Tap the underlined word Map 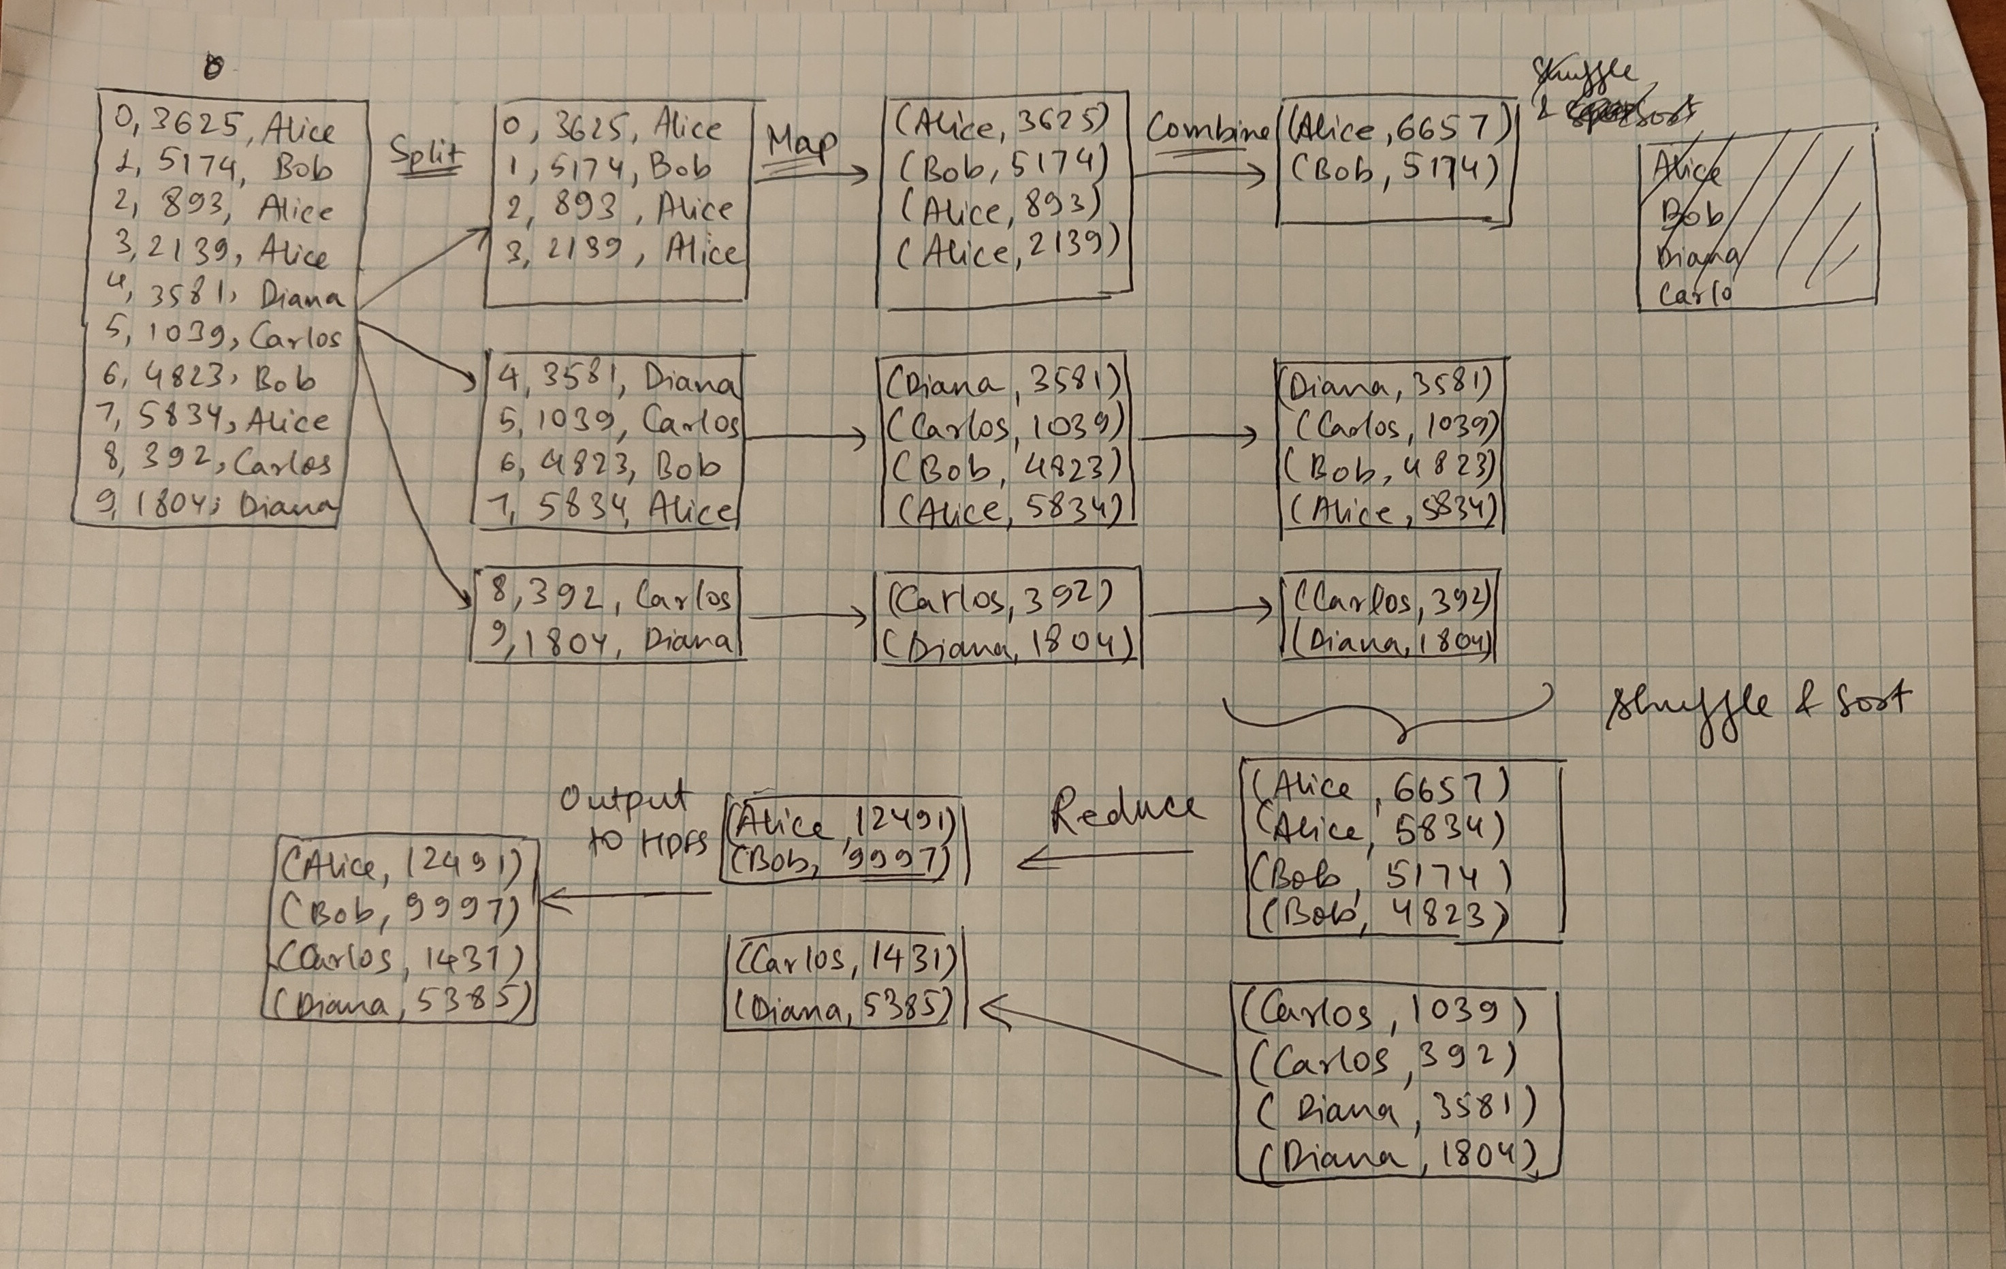(x=801, y=143)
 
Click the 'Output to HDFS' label (x=633, y=820)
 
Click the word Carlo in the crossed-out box (x=1696, y=294)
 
